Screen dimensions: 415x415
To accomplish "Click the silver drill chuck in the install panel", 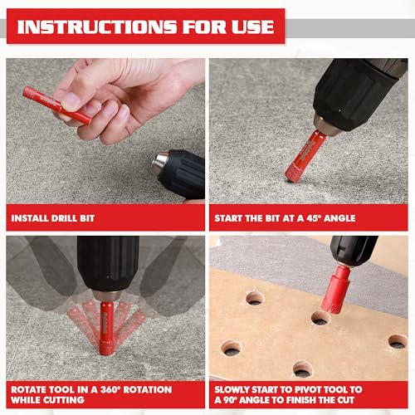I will point(160,162).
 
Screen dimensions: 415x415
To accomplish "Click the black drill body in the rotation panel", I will point(107,264).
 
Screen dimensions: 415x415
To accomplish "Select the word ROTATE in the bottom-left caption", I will point(32,389).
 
